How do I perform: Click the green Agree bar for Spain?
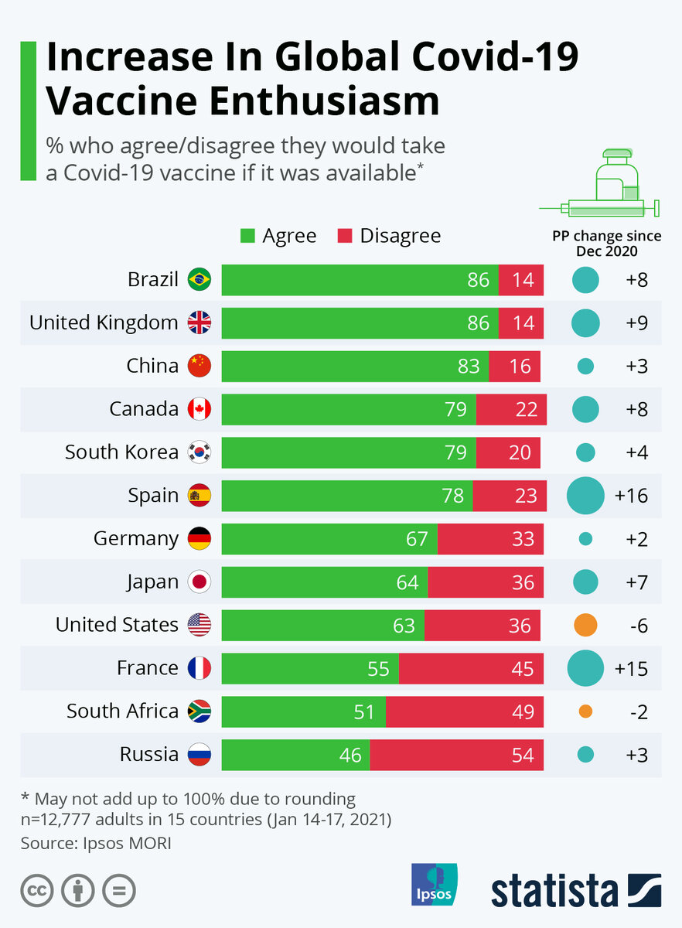347,496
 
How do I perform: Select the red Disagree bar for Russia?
456,755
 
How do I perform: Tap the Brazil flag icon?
199,279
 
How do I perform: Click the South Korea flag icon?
199,452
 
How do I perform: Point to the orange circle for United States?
585,625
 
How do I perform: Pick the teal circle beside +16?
585,496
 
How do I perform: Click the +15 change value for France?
631,668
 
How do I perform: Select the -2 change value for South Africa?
638,711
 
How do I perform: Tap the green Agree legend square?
247,236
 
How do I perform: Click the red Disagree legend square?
346,236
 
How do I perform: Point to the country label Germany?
136,538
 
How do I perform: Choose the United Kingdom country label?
104,322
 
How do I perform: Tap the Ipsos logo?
434,884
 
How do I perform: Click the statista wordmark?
554,890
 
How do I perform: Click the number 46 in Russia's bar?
350,755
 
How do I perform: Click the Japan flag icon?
199,582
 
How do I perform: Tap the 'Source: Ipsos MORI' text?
96,842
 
